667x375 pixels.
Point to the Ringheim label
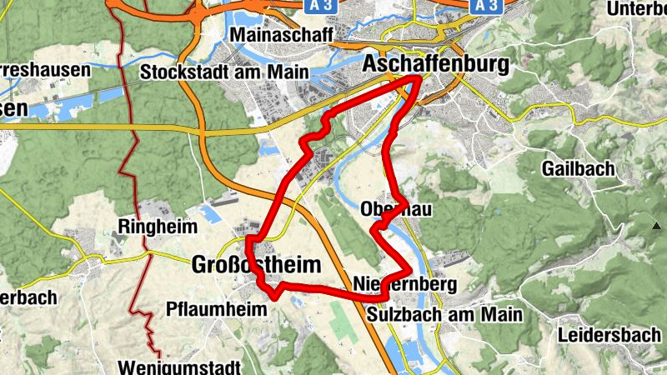click(158, 227)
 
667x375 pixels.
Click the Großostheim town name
click(256, 265)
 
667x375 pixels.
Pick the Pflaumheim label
click(216, 309)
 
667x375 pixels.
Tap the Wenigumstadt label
click(180, 366)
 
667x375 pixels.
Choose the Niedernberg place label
click(404, 284)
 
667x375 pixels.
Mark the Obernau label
click(397, 209)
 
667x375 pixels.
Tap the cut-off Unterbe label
click(635, 8)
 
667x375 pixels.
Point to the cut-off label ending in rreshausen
click(45, 70)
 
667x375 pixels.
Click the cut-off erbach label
click(28, 297)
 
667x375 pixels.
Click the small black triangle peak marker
click(655, 225)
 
